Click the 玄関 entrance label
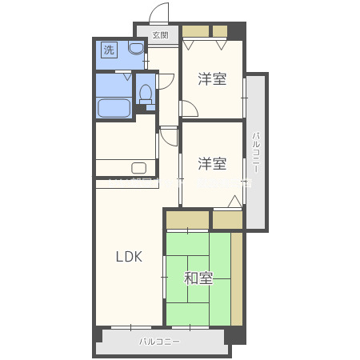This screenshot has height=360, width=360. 161,35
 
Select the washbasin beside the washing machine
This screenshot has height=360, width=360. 135,50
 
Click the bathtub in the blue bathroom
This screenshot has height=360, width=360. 113,108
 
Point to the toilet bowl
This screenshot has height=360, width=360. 146,94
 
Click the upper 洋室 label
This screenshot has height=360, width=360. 212,78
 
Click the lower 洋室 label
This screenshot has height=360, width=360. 212,163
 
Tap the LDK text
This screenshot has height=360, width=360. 128,257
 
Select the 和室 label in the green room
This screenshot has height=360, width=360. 198,278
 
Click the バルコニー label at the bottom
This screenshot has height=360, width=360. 160,342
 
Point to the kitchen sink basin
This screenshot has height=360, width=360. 138,168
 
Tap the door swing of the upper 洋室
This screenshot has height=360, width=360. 190,110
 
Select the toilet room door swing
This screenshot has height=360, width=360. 166,81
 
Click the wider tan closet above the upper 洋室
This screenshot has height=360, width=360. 196,32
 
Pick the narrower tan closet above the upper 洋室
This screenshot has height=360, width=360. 220,32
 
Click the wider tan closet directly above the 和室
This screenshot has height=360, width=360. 188,219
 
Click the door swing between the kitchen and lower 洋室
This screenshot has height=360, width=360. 170,135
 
